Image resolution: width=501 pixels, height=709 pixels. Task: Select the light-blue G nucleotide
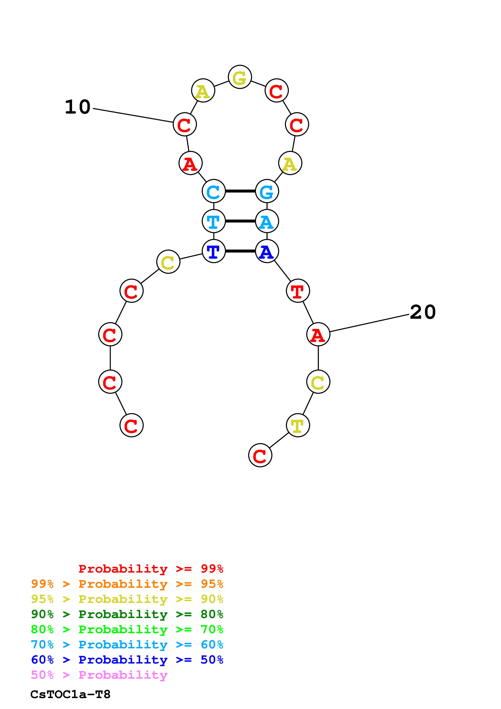(267, 191)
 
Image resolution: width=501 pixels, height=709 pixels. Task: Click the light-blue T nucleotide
(214, 221)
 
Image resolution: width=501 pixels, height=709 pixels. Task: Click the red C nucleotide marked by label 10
(185, 124)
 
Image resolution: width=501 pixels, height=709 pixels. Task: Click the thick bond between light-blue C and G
(240, 191)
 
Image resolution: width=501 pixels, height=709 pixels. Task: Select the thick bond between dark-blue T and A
(240, 251)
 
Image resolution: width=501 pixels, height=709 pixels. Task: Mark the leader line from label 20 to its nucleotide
(369, 323)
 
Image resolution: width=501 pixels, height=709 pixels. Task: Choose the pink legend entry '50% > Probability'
(99, 675)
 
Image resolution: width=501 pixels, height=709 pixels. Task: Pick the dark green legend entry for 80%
(127, 614)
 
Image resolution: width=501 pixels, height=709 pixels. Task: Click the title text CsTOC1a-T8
(70, 694)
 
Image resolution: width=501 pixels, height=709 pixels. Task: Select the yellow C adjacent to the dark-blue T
(168, 262)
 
